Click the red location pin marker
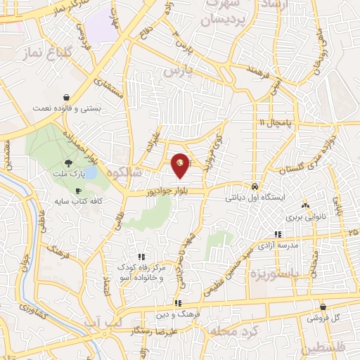[x=181, y=164]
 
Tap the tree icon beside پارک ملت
[x=58, y=162]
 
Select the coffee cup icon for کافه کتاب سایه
[x=78, y=191]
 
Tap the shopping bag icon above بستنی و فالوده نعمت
[x=65, y=97]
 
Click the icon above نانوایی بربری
[x=305, y=205]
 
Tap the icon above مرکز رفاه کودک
[x=141, y=257]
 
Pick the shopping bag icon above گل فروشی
[x=323, y=307]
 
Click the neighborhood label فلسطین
[x=325, y=348]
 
